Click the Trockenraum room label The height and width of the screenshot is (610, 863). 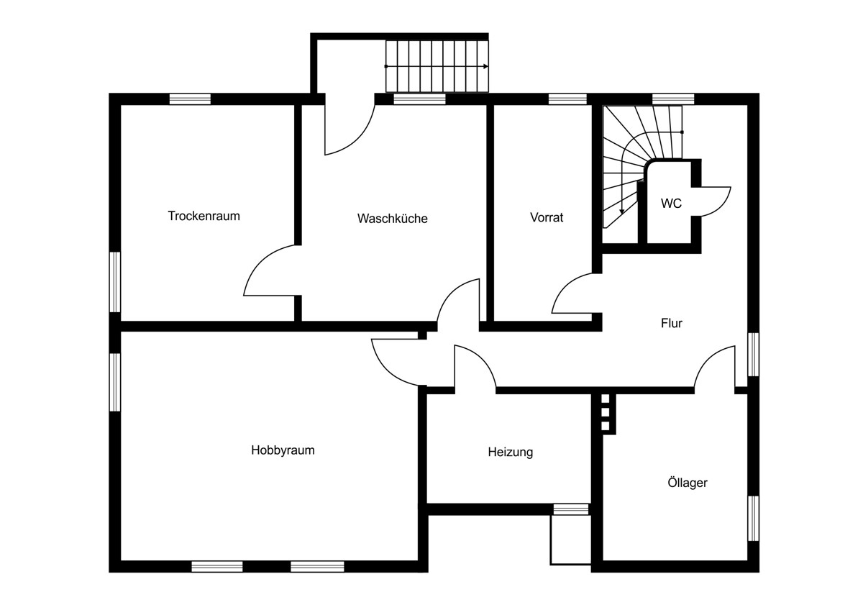pyautogui.click(x=204, y=216)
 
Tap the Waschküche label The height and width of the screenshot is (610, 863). pyautogui.click(x=392, y=219)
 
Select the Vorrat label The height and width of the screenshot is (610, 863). pyautogui.click(x=547, y=217)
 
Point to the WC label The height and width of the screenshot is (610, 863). pyautogui.click(x=671, y=203)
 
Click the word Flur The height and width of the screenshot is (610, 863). pyautogui.click(x=672, y=323)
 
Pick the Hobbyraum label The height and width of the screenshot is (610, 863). pyautogui.click(x=283, y=450)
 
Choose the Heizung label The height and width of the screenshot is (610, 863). pyautogui.click(x=511, y=452)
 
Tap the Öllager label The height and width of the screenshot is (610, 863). pyautogui.click(x=688, y=483)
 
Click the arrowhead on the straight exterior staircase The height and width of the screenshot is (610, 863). pyautogui.click(x=486, y=66)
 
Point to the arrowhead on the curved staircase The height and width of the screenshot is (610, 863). pyautogui.click(x=621, y=211)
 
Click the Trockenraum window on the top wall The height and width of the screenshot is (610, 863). pyautogui.click(x=190, y=99)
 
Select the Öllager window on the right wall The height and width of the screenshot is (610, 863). pyautogui.click(x=753, y=518)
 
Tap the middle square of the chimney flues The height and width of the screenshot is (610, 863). pyautogui.click(x=606, y=412)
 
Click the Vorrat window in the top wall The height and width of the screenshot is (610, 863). pyautogui.click(x=567, y=99)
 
